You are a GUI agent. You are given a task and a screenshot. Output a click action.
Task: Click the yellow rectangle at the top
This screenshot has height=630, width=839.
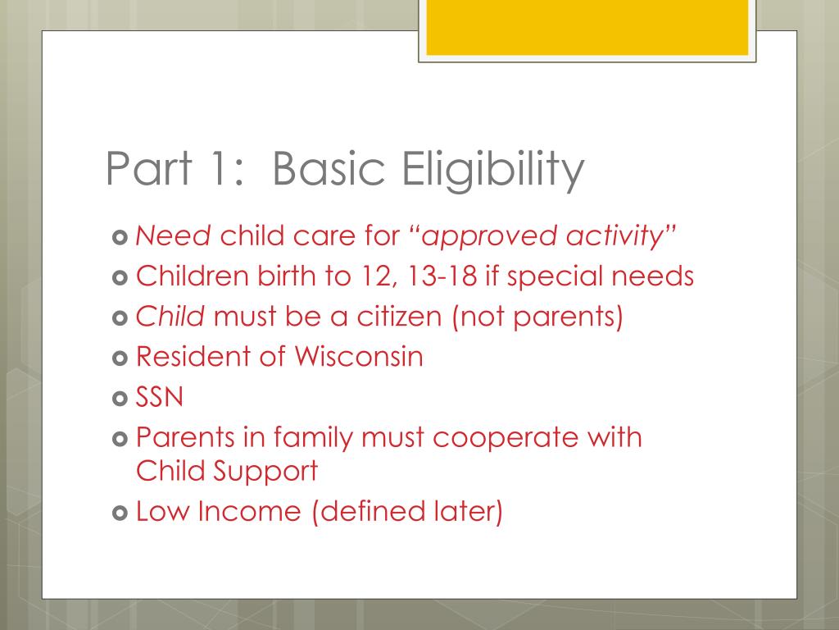point(587,27)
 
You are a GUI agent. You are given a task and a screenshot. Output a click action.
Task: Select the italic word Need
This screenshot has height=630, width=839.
point(174,237)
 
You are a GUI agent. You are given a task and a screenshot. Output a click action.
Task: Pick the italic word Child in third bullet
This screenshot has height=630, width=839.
point(170,316)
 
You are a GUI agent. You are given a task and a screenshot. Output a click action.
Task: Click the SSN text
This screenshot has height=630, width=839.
point(160,397)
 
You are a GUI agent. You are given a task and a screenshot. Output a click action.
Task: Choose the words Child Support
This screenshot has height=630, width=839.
point(227,471)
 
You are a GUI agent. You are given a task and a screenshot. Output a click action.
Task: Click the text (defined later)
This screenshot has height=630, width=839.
point(406,511)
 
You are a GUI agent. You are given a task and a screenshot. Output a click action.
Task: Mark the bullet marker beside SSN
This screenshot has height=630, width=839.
point(119,398)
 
